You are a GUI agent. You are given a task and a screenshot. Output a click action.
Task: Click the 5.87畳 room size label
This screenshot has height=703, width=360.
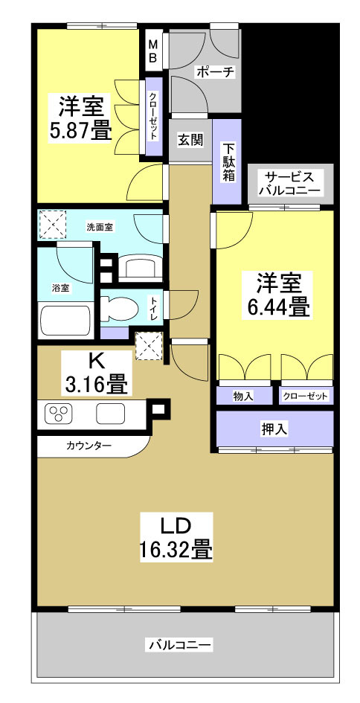tap(81, 131)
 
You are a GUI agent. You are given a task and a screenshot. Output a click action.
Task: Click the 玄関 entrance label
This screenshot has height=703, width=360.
tap(190, 139)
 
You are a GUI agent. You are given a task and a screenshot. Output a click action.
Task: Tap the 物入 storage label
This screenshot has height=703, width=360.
tap(242, 397)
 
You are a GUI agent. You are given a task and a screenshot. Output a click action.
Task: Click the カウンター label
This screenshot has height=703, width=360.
tap(89, 446)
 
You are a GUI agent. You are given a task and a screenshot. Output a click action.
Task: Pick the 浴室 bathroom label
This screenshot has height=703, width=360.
tap(61, 288)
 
